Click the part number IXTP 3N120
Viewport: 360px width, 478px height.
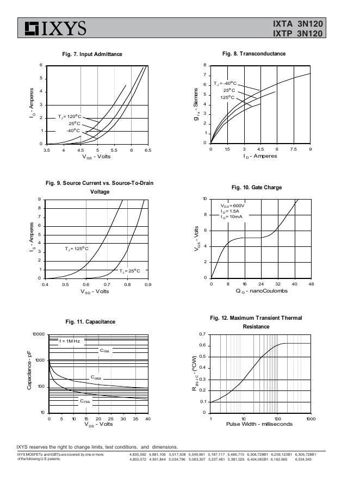tap(298, 34)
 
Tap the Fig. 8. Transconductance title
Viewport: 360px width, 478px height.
tap(254, 54)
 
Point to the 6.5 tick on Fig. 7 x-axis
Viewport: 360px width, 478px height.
tap(148, 150)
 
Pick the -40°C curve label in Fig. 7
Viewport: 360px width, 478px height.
tap(73, 131)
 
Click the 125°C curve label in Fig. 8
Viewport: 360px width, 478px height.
tap(227, 97)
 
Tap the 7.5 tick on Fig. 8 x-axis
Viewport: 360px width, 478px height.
tap(294, 149)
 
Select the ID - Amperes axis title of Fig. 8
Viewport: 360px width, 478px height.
tap(260, 156)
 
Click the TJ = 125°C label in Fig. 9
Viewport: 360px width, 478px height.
tap(77, 249)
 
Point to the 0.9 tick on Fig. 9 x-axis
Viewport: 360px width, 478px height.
tap(148, 284)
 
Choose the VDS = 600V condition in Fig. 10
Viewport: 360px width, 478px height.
tap(232, 206)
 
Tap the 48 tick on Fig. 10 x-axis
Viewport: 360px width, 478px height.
tap(311, 284)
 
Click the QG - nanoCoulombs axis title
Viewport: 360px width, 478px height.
tap(262, 291)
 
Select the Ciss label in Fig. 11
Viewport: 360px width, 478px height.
tap(104, 351)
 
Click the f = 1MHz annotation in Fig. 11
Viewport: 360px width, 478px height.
tap(69, 341)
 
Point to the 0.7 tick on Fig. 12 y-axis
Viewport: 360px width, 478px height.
tap(202, 334)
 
